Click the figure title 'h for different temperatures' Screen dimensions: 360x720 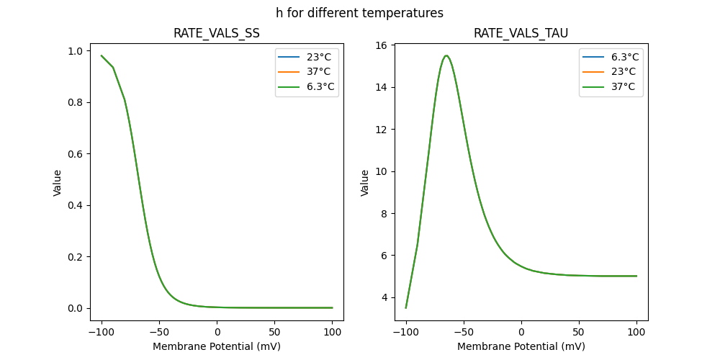(x=359, y=13)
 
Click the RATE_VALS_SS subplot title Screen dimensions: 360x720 (x=217, y=33)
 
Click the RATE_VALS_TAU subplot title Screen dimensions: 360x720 (x=521, y=33)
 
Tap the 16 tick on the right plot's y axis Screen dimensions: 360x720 (x=382, y=45)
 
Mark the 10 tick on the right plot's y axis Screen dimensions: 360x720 (x=382, y=171)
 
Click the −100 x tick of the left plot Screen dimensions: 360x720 (x=102, y=332)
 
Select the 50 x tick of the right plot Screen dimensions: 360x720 (x=579, y=332)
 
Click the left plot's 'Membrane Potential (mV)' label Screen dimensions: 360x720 (x=217, y=346)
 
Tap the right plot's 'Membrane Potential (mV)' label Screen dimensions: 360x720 (x=521, y=346)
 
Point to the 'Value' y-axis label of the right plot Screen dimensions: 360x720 (x=364, y=183)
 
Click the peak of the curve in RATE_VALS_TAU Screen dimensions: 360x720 (x=446, y=55)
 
